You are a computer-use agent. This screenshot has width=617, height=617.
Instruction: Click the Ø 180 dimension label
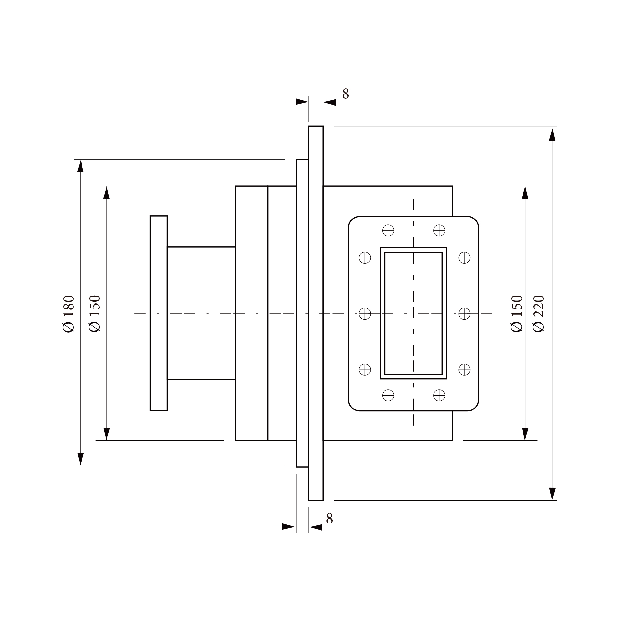69,313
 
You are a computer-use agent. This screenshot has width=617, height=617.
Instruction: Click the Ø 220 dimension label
538,313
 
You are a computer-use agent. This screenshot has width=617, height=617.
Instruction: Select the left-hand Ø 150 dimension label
94,313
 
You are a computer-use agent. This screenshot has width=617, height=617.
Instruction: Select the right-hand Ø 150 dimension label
516,313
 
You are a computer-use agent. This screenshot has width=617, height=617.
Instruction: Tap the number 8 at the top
346,94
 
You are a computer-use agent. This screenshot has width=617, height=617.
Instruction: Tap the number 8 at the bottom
329,519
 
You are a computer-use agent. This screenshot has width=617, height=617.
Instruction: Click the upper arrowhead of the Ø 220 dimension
552,135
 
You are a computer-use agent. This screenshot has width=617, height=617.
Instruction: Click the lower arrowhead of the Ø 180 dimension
81,459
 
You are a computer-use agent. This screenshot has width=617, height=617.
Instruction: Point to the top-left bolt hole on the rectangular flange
388,231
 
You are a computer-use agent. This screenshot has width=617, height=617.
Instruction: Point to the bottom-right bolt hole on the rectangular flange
439,395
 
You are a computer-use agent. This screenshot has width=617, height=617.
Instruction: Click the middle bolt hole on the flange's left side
365,313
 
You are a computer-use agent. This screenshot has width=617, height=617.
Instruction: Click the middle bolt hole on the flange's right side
464,313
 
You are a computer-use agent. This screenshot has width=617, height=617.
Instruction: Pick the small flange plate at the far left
158,313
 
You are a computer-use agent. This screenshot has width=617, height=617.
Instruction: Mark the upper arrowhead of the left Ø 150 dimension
107,192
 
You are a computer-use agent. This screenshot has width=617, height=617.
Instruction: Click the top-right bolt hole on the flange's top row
439,231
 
